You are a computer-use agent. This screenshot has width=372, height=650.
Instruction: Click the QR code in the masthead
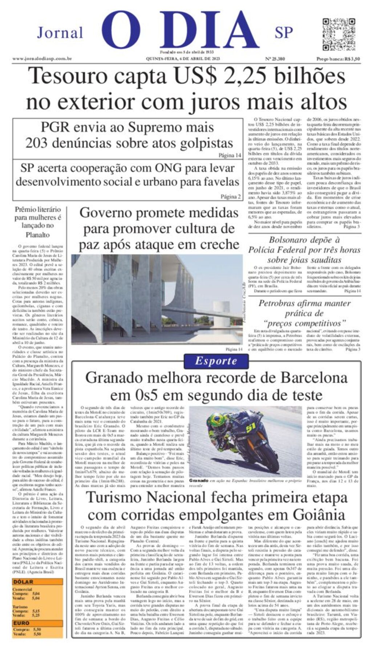point(338,35)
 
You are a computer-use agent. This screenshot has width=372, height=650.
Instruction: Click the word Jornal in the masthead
point(60,33)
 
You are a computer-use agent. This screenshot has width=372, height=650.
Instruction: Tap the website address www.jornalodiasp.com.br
point(42,59)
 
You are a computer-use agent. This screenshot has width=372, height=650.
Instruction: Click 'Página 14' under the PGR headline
point(230,155)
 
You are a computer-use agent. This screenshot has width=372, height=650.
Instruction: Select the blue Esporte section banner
point(216,361)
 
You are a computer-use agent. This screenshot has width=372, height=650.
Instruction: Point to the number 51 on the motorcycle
point(250,428)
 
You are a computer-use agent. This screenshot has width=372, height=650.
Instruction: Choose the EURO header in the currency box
point(21,623)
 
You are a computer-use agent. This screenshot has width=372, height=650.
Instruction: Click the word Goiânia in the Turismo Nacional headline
point(317,515)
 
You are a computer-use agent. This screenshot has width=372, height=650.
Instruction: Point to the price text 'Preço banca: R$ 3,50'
point(338,59)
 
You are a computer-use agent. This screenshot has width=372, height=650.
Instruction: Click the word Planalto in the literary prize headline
point(38,235)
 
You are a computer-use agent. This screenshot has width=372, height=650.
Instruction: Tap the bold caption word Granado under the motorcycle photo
point(199,480)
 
